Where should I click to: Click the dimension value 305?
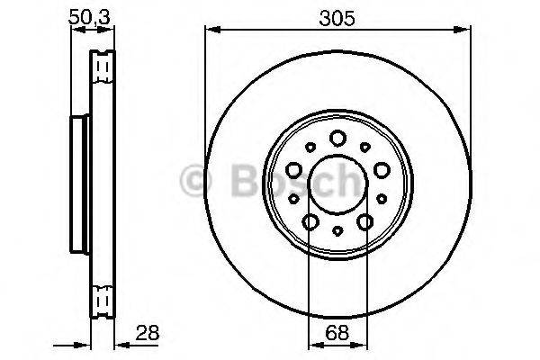[x=337, y=15]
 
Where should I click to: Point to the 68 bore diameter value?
[x=337, y=331]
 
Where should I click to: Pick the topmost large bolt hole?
[x=337, y=138]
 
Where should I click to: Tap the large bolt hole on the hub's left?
[x=294, y=168]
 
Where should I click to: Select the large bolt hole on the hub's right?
[x=381, y=168]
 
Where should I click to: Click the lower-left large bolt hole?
[x=310, y=220]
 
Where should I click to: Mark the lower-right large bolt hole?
[x=364, y=220]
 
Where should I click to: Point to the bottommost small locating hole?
[x=337, y=231]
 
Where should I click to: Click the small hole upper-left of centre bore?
[x=310, y=146]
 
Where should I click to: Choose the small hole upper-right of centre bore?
[x=364, y=146]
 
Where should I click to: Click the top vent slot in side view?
[x=103, y=66]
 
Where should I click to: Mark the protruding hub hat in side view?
[x=77, y=180]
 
